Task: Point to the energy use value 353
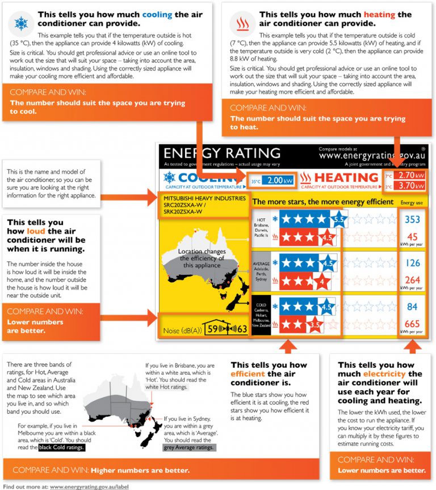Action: [x=412, y=220]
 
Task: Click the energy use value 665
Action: [x=412, y=324]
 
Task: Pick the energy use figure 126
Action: [x=412, y=263]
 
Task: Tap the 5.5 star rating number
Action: [x=339, y=219]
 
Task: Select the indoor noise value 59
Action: [x=212, y=329]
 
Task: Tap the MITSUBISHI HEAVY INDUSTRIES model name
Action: [x=202, y=199]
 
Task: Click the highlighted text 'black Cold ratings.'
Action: [x=62, y=447]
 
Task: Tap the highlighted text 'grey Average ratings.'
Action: [x=190, y=447]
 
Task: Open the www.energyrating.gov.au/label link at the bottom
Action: [x=89, y=486]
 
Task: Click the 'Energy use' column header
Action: [x=412, y=202]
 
